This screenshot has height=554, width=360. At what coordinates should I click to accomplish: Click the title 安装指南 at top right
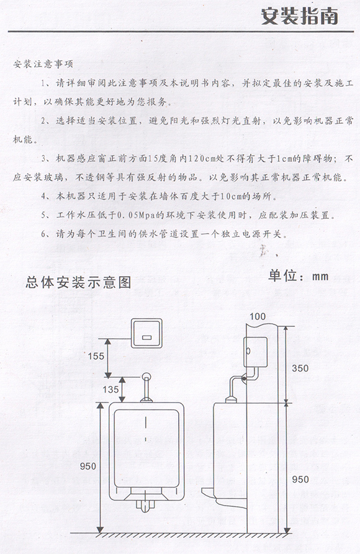click(x=300, y=16)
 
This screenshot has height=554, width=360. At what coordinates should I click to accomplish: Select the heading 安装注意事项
click(x=43, y=65)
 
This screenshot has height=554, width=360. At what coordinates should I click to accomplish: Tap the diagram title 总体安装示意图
click(x=78, y=282)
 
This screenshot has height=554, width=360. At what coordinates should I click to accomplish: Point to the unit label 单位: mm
click(x=299, y=275)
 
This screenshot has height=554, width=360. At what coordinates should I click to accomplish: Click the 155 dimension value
click(x=96, y=356)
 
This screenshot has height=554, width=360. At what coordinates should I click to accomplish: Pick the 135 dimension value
click(x=110, y=390)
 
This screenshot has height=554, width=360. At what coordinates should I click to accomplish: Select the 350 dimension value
click(x=300, y=368)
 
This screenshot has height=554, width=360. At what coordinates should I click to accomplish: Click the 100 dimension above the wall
click(x=258, y=316)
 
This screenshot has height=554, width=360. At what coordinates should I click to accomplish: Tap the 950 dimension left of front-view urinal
click(x=88, y=467)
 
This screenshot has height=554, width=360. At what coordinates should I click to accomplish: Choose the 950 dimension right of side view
click(x=300, y=480)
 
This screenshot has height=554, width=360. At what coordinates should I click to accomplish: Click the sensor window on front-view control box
click(x=146, y=337)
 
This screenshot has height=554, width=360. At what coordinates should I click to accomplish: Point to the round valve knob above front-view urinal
click(x=146, y=377)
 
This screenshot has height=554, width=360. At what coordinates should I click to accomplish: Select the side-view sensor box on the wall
click(x=256, y=352)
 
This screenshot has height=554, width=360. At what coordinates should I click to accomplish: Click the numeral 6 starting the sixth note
click(x=43, y=234)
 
